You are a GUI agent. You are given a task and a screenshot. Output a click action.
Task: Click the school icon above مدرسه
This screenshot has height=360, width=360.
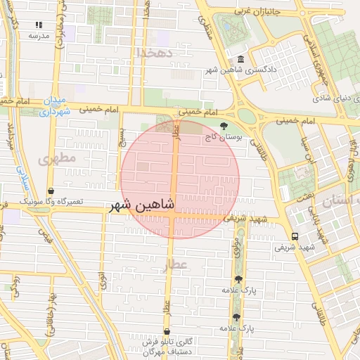39,24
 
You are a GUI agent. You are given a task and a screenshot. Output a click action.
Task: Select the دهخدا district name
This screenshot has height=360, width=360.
155,53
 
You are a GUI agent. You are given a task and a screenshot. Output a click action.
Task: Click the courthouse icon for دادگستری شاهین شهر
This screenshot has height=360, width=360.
241,60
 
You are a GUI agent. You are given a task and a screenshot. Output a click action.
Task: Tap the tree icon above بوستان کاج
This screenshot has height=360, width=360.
224,127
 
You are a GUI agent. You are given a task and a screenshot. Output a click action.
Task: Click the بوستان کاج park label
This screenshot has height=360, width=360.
224,139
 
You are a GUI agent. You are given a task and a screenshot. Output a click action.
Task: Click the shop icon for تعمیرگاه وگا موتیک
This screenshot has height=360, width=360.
51,191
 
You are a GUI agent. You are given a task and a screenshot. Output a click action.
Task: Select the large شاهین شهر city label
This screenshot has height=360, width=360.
141,207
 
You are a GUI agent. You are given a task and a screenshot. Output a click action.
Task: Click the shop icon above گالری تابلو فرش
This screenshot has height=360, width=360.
167,331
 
